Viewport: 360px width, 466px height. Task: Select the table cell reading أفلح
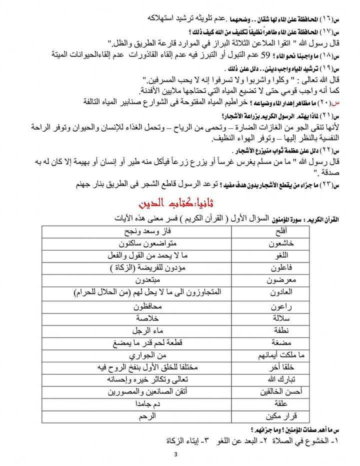pos(281,232)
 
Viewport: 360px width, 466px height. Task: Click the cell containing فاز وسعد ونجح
pos(145,232)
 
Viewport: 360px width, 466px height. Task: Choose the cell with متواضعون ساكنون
pos(145,243)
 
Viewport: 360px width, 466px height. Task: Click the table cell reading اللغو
pos(281,256)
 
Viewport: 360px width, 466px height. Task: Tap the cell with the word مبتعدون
pos(145,280)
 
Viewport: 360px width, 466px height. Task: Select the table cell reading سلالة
pos(281,318)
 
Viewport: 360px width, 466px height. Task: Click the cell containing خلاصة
pos(145,318)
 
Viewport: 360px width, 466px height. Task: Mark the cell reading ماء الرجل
pos(145,330)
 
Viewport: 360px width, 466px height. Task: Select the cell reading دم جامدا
pos(145,403)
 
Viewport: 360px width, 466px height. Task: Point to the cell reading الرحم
pos(145,416)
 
